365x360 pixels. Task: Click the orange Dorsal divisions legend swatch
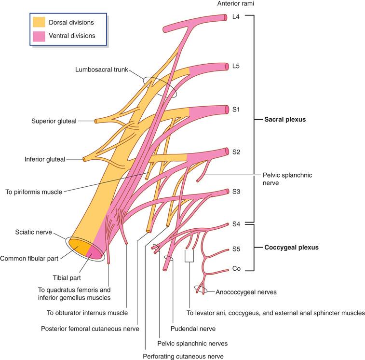point(39,22)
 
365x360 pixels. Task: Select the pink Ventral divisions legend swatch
point(39,35)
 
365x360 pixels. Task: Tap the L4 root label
point(236,17)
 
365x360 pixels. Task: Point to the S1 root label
point(236,110)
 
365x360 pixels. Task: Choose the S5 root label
point(236,249)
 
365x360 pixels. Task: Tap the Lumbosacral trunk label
point(101,69)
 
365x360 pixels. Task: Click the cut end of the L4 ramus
point(225,17)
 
